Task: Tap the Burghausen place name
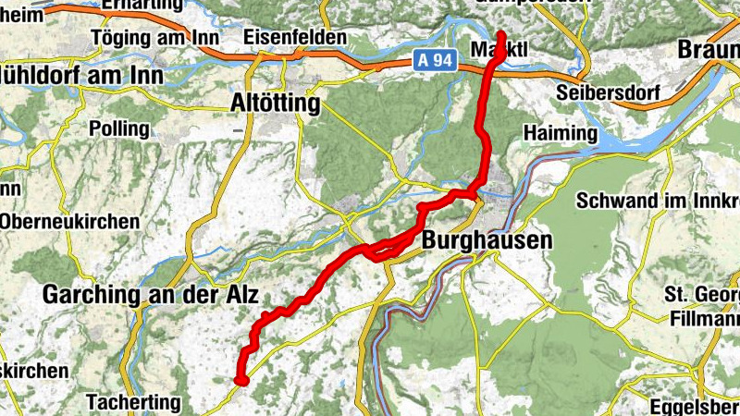[x=487, y=240]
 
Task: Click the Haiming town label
[x=561, y=133]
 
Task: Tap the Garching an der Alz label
[x=151, y=295]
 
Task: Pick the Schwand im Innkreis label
[x=658, y=200]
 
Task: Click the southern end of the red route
[x=240, y=379]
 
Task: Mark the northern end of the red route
[x=501, y=35]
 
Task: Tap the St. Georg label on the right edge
[x=702, y=296]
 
